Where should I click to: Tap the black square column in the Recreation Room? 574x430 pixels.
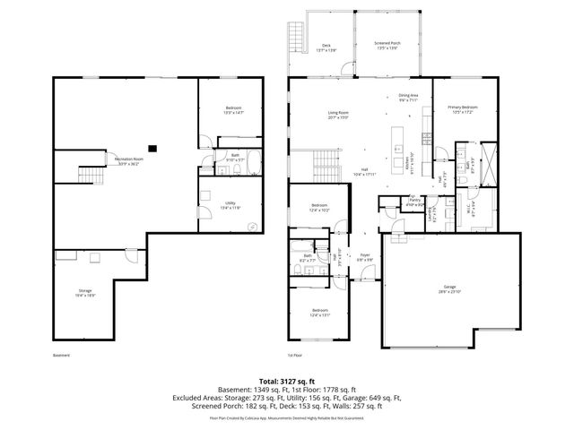(153, 148)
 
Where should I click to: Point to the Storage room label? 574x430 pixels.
(85, 292)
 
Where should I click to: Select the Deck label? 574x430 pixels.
(327, 47)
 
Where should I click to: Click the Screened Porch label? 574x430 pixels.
(386, 47)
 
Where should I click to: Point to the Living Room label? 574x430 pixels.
(337, 114)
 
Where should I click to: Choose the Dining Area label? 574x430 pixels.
(408, 98)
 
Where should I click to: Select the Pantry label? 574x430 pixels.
(413, 202)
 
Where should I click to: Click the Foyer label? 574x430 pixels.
(365, 257)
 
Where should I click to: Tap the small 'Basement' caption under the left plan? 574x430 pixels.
(60, 355)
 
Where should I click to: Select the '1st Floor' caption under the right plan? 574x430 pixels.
(297, 355)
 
